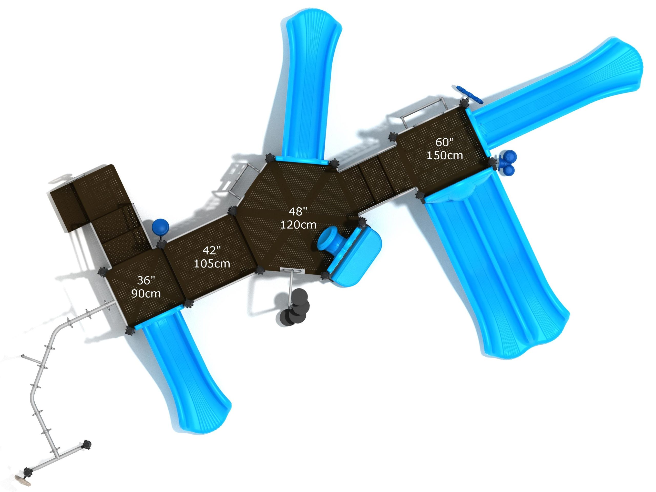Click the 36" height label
coord(146,280)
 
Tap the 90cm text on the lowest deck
coord(146,294)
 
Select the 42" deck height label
coord(212,250)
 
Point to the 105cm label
coord(212,264)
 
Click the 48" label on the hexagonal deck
coord(298,211)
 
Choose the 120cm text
coord(298,225)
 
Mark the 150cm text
coord(445,155)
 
